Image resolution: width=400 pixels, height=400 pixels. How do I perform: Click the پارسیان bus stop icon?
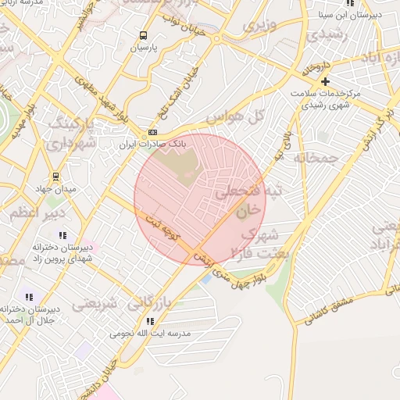point(143,35)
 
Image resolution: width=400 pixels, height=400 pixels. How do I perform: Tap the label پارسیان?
point(143,48)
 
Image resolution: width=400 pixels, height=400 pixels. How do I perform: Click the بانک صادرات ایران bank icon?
point(152,132)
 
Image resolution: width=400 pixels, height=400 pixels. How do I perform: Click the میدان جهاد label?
point(53,188)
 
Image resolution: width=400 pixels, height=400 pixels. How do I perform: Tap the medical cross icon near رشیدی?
point(326,81)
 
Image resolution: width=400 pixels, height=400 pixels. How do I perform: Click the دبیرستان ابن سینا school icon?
point(350,2)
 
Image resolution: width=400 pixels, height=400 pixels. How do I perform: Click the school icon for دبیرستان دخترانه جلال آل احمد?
point(29,297)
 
